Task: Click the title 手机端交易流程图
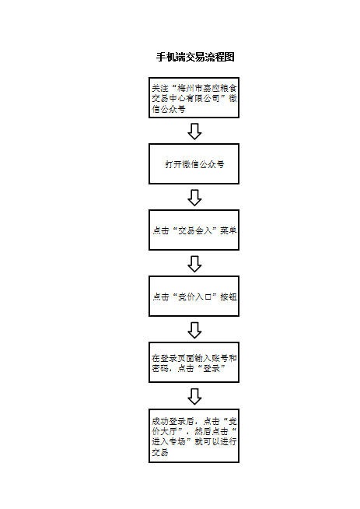195,57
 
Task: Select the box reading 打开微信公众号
194,164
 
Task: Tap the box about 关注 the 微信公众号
194,98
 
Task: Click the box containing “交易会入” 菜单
194,230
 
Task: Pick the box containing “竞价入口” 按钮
194,297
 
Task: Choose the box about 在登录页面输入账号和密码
194,362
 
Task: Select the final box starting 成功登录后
194,436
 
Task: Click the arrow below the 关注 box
194,132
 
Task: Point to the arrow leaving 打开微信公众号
194,198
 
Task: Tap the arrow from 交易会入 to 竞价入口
194,264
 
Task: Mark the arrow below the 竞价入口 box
194,330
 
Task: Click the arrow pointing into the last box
194,396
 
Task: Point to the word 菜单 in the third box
229,230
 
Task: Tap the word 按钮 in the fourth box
229,297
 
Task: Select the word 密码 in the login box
160,368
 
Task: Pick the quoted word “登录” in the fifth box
211,368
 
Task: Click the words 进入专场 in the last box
169,442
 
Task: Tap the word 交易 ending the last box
160,452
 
